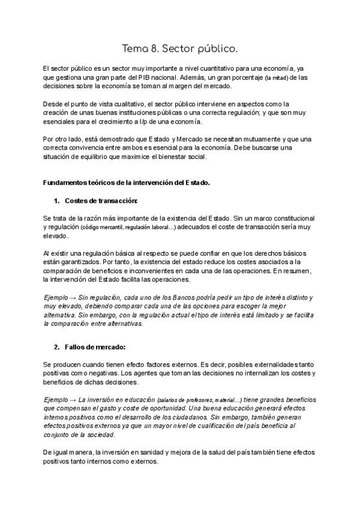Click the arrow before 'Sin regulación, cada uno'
point(74,297)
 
